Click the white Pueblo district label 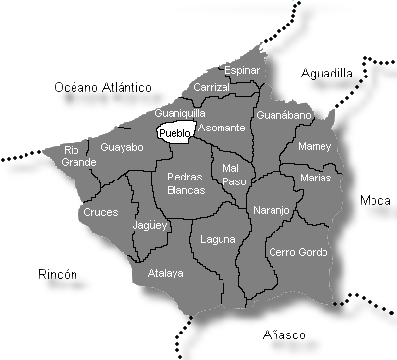pyautogui.click(x=175, y=133)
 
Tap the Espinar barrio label pyautogui.click(x=242, y=70)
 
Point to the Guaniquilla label pyautogui.click(x=179, y=113)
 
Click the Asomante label pyautogui.click(x=221, y=129)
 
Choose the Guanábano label pyautogui.click(x=282, y=115)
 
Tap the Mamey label pyautogui.click(x=314, y=146)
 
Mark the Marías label pyautogui.click(x=317, y=178)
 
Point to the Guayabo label pyautogui.click(x=122, y=146)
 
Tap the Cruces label pyautogui.click(x=100, y=211)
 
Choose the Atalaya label pyautogui.click(x=165, y=273)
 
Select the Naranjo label pyautogui.click(x=272, y=210)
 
